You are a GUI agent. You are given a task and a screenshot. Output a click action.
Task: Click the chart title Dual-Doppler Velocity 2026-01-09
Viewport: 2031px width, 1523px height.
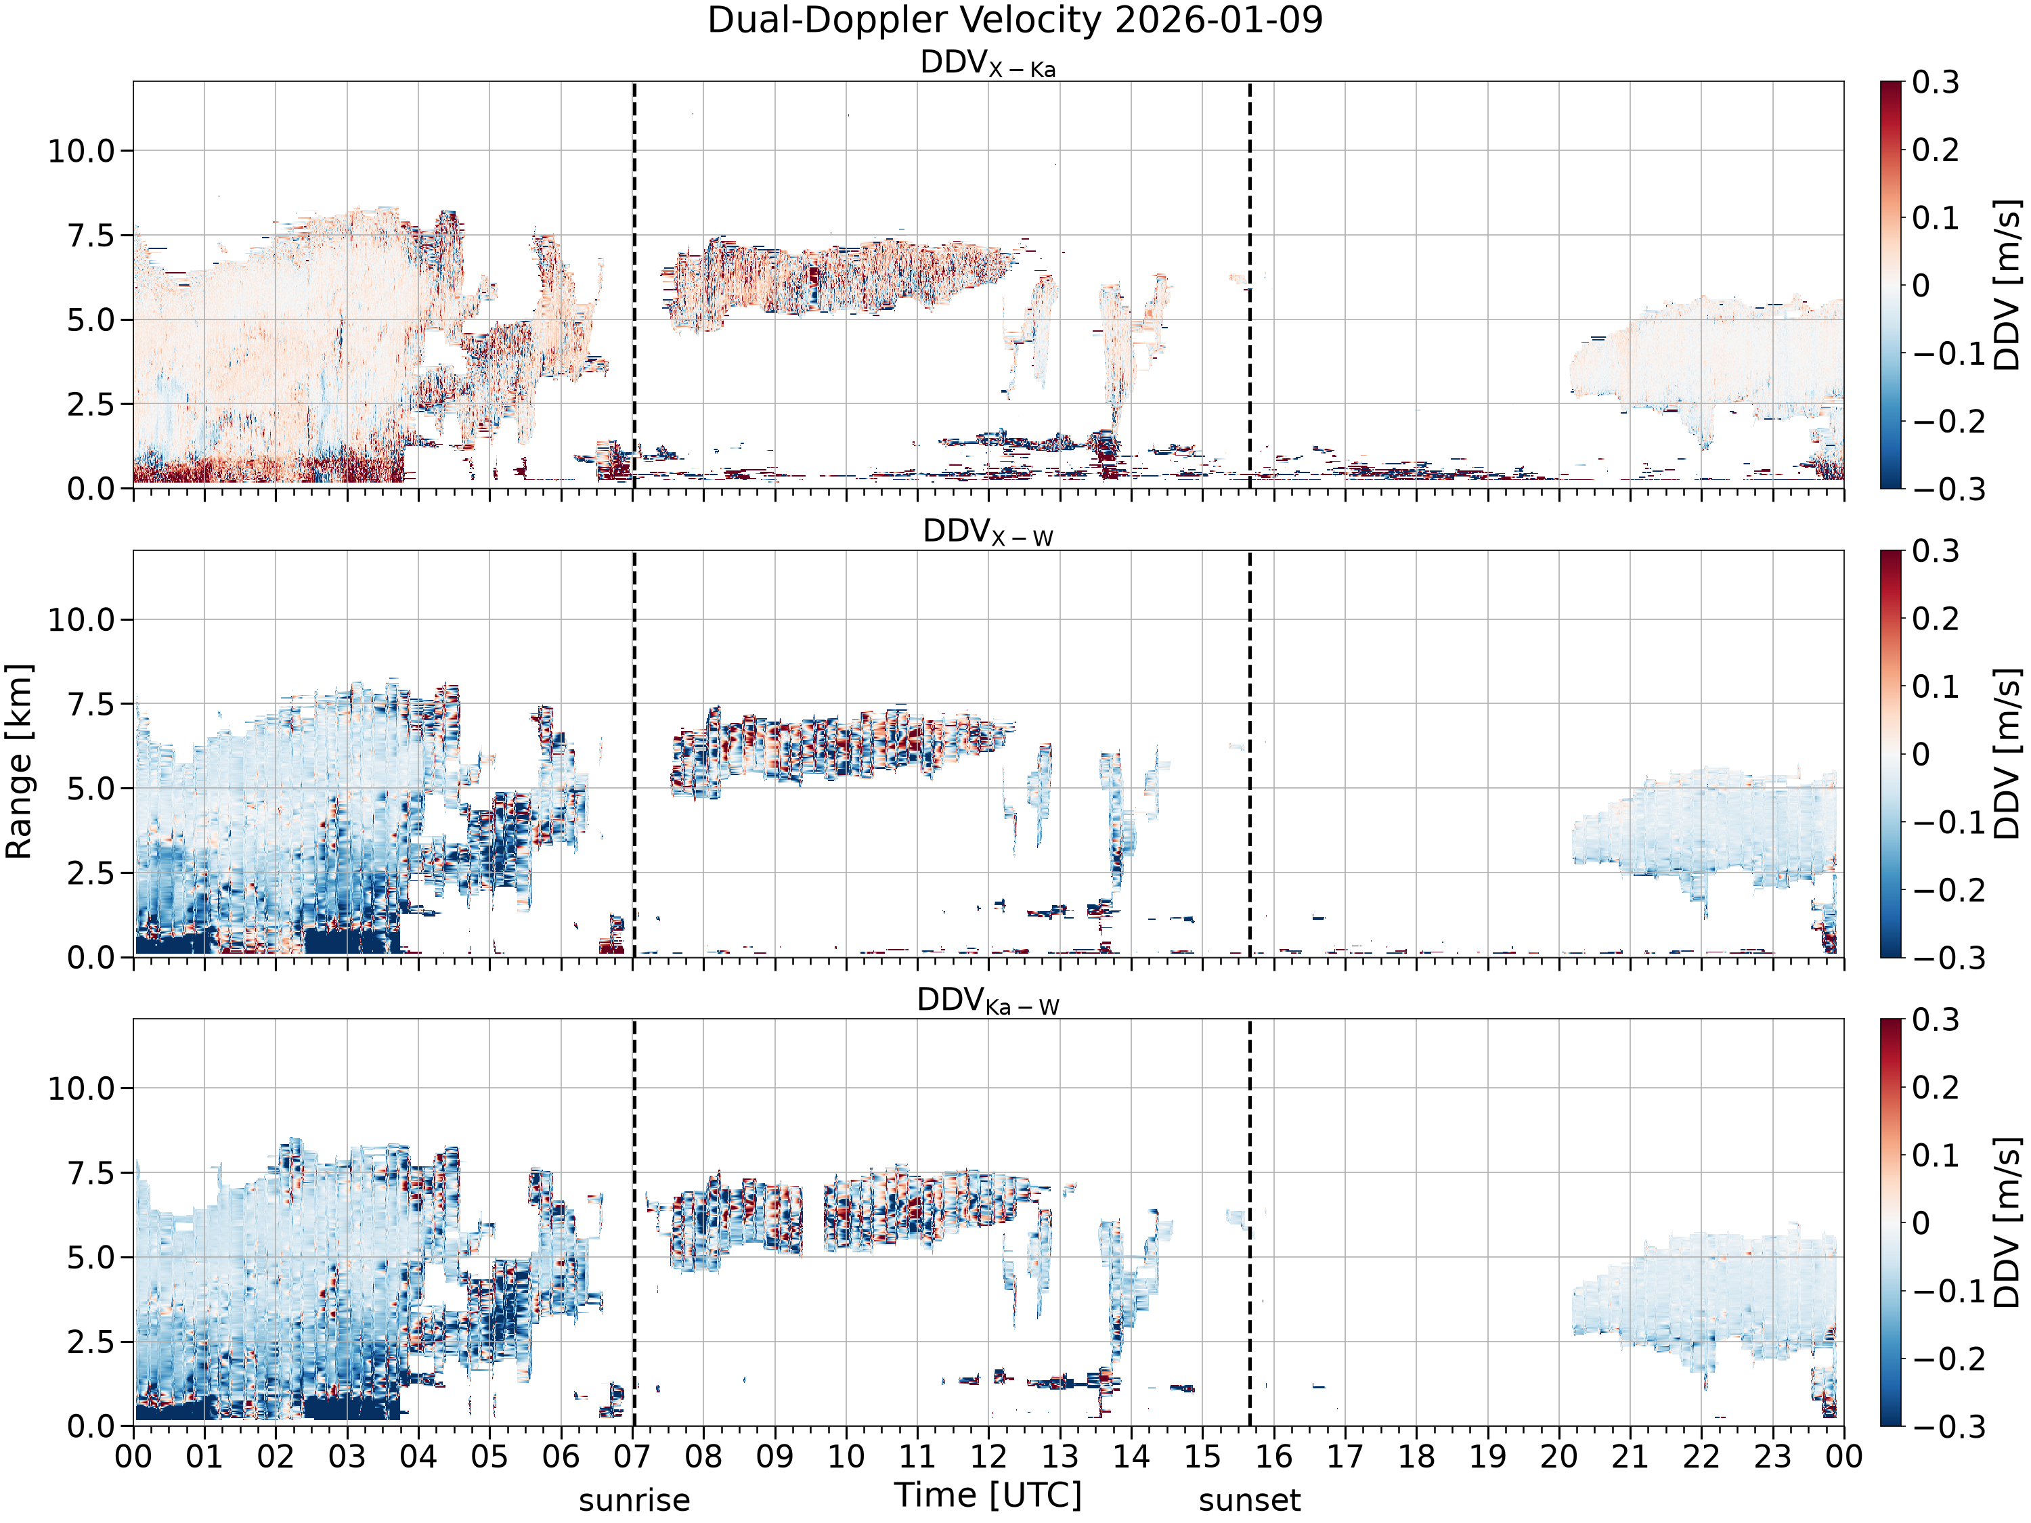[x=1015, y=20]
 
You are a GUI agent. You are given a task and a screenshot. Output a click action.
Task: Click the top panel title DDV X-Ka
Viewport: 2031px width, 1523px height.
[x=988, y=64]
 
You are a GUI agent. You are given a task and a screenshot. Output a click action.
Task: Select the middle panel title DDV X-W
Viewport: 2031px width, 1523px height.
[x=988, y=533]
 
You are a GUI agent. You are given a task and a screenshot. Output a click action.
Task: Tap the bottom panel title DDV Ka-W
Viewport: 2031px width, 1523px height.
[x=988, y=1000]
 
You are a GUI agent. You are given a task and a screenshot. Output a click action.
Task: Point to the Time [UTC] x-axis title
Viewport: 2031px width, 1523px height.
[x=988, y=1495]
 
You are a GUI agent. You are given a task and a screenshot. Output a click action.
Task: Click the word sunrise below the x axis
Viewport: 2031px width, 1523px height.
[x=634, y=1501]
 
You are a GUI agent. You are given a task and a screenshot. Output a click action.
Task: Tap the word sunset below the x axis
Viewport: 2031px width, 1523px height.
[x=1250, y=1501]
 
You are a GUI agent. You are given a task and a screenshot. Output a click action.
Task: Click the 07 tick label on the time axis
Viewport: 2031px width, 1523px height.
[x=632, y=1457]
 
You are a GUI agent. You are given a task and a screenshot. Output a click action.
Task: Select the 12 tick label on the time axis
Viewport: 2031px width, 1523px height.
[x=989, y=1457]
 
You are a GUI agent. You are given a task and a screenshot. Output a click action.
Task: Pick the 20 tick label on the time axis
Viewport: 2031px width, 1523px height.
[x=1559, y=1457]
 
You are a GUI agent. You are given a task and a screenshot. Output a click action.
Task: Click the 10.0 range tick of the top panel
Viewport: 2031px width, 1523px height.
[x=82, y=150]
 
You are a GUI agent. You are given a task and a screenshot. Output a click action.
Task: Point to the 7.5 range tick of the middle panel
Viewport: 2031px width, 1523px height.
[x=91, y=704]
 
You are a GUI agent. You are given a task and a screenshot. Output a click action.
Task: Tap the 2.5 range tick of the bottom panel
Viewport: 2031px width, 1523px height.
[x=91, y=1341]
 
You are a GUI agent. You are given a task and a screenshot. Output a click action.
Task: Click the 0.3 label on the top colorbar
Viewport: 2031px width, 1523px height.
[x=1936, y=82]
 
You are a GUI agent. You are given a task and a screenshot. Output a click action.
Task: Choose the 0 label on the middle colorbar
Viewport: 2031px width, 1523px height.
[x=1921, y=753]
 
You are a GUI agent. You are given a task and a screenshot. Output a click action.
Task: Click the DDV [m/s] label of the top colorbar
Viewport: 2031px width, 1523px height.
[x=2009, y=284]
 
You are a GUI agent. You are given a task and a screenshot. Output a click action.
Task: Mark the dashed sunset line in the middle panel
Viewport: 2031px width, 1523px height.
[x=1250, y=753]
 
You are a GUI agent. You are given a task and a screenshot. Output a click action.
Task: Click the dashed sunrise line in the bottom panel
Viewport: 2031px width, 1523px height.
[x=634, y=1222]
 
